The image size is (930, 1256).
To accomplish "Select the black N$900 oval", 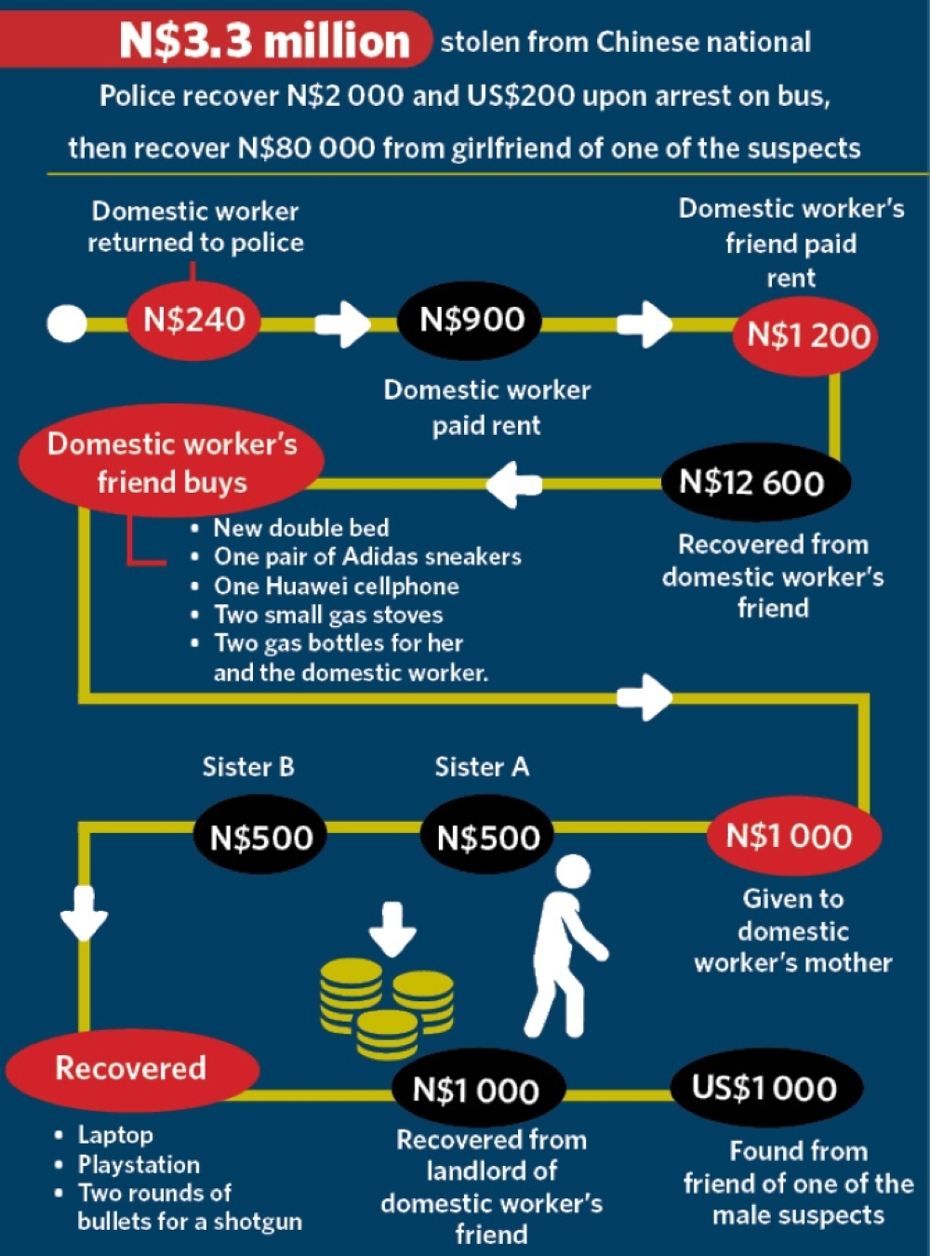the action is [x=470, y=320].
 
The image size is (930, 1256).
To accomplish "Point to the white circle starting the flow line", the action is [x=67, y=324].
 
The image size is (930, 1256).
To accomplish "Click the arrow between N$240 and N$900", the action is [x=342, y=324].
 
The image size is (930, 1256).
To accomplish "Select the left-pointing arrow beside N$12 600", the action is [x=514, y=484].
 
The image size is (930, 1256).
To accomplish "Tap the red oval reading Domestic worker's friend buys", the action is [x=172, y=461].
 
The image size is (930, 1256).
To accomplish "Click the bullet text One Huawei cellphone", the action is [x=337, y=586].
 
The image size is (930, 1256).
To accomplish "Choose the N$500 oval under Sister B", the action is [x=261, y=837].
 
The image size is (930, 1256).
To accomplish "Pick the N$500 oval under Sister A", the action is [x=486, y=837].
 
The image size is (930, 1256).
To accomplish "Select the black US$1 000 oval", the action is [x=766, y=1087].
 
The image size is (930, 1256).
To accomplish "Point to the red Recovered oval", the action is [x=132, y=1069].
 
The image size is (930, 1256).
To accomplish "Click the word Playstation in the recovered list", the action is [x=139, y=1164].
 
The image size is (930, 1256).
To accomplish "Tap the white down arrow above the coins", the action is [x=392, y=930].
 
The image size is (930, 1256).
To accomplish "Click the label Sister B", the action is [x=248, y=766].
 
